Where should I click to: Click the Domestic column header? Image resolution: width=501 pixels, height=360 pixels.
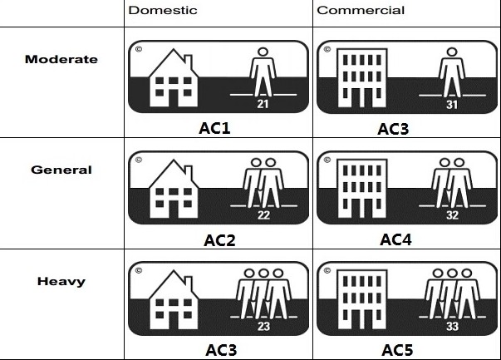(163, 10)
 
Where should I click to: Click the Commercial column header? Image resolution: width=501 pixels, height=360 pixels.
(361, 10)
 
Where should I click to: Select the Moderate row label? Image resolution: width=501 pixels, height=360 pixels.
(61, 59)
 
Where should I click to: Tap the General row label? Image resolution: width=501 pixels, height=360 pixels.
(61, 170)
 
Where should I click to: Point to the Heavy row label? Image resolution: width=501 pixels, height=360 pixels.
(61, 281)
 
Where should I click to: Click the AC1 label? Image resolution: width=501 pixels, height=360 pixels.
(214, 128)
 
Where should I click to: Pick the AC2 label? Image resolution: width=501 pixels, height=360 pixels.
(219, 240)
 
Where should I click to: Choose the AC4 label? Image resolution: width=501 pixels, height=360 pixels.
(395, 239)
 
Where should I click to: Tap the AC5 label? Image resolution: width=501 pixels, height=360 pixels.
(397, 350)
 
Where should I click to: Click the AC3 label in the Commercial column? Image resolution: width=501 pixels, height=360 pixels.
(393, 129)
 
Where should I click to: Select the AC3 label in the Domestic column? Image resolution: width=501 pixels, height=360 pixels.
(221, 350)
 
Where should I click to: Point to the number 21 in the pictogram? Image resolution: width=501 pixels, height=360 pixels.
(263, 104)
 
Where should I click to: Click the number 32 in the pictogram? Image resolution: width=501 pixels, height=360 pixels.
(452, 215)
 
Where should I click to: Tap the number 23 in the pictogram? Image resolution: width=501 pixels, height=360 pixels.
(263, 326)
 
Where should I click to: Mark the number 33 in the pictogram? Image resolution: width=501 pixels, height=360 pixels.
(452, 326)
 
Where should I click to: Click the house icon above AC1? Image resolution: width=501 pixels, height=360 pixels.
(174, 77)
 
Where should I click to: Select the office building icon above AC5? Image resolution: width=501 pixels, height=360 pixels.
(362, 300)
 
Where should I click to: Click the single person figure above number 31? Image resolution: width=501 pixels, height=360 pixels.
(451, 72)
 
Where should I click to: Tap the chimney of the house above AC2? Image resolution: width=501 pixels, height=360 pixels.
(189, 171)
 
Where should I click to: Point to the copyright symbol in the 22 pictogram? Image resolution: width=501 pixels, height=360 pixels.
(139, 160)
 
